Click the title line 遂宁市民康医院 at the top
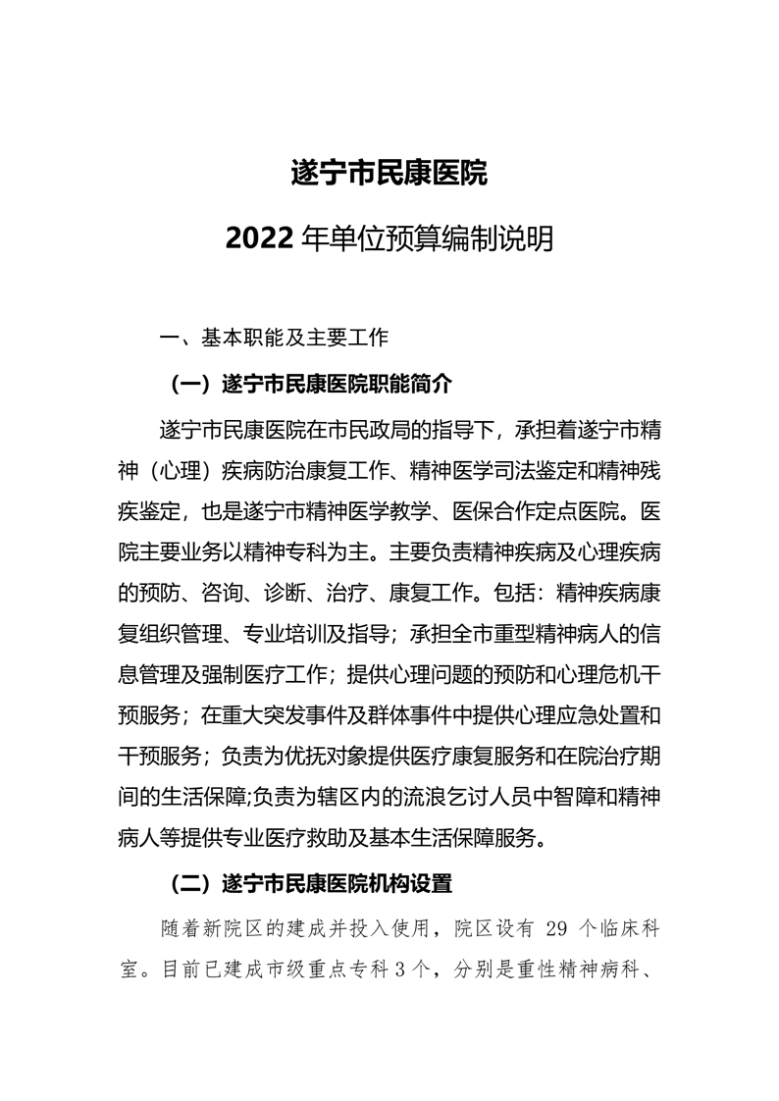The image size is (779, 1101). click(x=389, y=174)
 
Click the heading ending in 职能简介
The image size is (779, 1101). click(x=312, y=383)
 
